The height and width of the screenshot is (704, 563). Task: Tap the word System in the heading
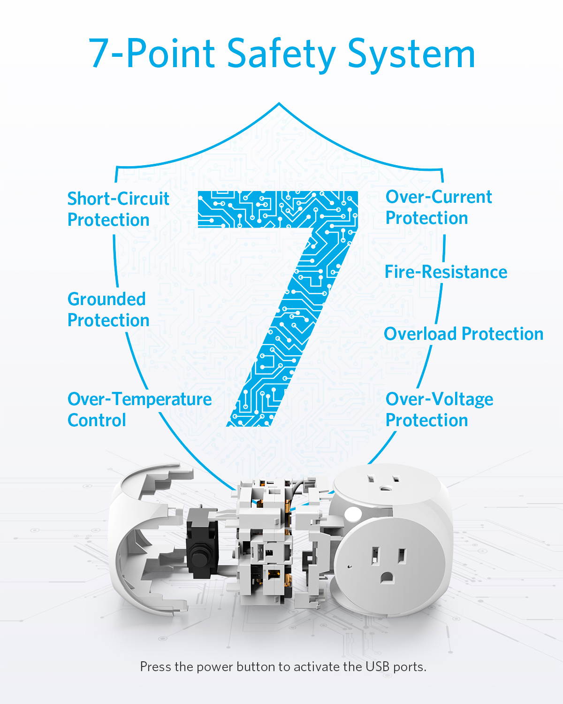coord(411,54)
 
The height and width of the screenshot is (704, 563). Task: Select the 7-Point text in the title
coord(152,53)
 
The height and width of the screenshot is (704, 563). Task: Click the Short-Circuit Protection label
coord(118,209)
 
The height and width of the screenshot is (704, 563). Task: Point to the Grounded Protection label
coord(108,309)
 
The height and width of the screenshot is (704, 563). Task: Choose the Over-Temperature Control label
coord(140,409)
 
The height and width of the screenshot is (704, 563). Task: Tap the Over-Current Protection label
coord(439,207)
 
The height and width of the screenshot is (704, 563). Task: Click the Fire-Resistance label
coord(446,272)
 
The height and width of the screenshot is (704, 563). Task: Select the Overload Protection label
coord(464,334)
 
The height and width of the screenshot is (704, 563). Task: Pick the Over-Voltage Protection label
coord(439,409)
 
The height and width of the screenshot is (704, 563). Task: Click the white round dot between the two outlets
coord(352,514)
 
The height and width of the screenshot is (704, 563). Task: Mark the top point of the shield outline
coord(279,103)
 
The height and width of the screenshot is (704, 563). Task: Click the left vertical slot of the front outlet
coord(375,557)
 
